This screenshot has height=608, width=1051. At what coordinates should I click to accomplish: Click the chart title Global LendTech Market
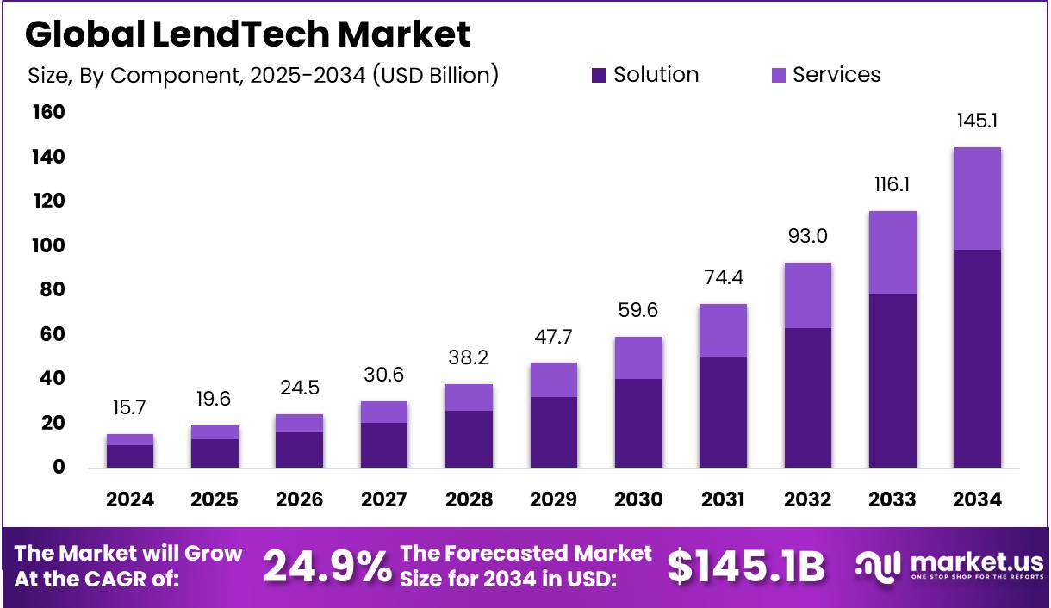[x=248, y=34]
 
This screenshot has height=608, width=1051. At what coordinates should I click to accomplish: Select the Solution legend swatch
[x=600, y=76]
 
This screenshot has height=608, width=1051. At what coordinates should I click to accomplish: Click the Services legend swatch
[x=779, y=76]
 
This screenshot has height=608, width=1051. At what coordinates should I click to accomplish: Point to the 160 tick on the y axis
[x=48, y=113]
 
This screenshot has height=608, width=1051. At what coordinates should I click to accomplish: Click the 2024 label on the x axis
[x=130, y=500]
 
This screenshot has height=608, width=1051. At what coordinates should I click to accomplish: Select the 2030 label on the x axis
[x=638, y=500]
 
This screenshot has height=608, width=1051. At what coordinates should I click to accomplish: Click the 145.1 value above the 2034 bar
[x=977, y=121]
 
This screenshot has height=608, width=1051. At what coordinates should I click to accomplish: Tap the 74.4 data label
[x=723, y=277]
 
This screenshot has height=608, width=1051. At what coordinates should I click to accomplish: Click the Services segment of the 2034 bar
[x=977, y=198]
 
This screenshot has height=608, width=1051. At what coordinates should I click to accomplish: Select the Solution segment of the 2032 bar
[x=807, y=398]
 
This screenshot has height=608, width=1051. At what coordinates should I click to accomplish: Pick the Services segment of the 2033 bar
[x=892, y=252]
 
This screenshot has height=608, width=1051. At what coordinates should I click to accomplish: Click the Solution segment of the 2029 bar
[x=553, y=432]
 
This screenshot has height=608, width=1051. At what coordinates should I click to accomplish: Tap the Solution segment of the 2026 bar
[x=299, y=450]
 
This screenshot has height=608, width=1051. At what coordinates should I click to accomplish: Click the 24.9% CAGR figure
[x=326, y=567]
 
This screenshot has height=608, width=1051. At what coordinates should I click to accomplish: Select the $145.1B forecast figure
[x=746, y=567]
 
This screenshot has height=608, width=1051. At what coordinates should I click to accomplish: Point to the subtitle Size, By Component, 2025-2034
[x=264, y=76]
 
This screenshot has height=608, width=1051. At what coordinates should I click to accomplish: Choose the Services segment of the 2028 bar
[x=469, y=397]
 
